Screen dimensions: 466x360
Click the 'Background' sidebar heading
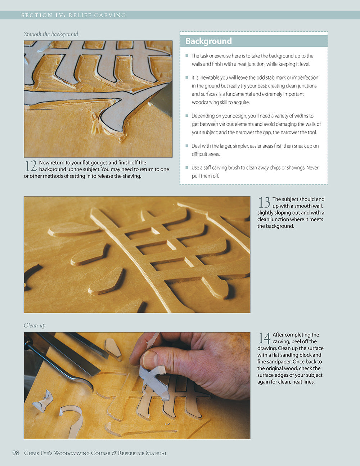pyautogui.click(x=208, y=41)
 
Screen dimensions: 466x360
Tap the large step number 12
pyautogui.click(x=31, y=166)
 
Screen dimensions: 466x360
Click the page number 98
pyautogui.click(x=16, y=453)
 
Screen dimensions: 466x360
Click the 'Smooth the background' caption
pyautogui.click(x=51, y=34)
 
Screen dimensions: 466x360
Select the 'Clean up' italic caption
pyautogui.click(x=35, y=325)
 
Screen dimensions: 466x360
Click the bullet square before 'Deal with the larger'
pyautogui.click(x=187, y=146)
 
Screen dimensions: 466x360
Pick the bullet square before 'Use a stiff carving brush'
pyautogui.click(x=187, y=167)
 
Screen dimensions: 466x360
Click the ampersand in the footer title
pyautogui.click(x=114, y=453)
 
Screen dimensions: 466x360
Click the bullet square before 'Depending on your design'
pyautogui.click(x=187, y=116)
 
